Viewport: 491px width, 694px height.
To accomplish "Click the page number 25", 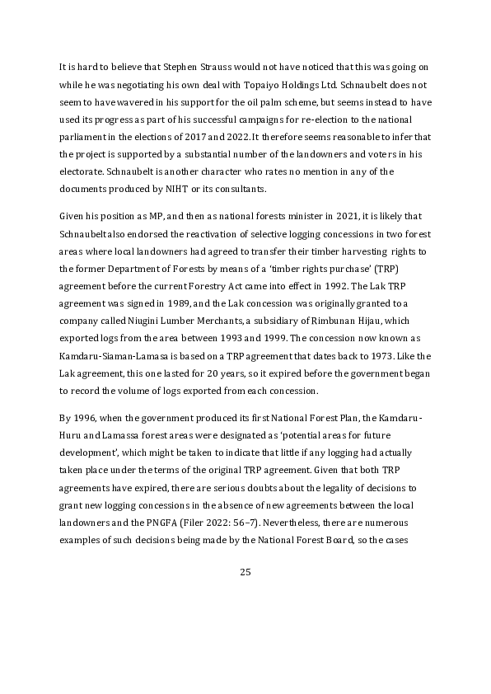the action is pyautogui.click(x=245, y=572).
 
